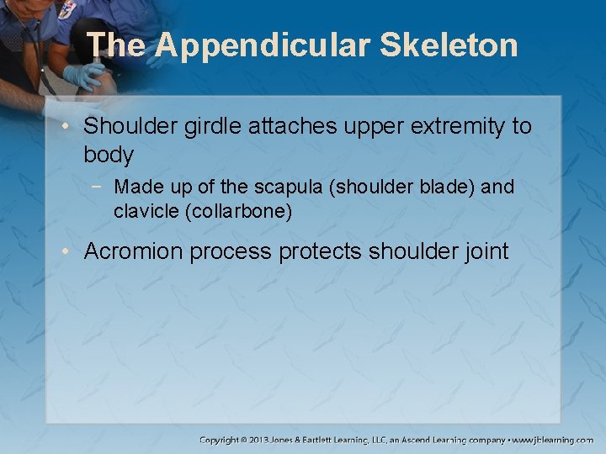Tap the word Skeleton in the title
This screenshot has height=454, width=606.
pos(449,45)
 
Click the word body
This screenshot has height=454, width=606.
pos(109,155)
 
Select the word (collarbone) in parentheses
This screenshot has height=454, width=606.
pos(238,212)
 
